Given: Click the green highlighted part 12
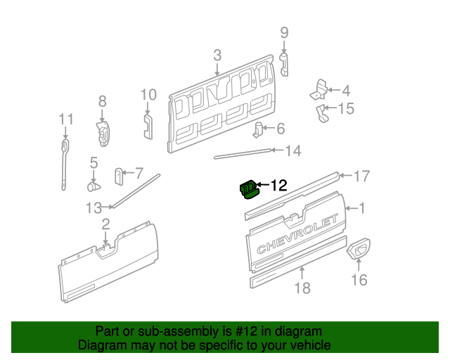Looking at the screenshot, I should click(249, 189).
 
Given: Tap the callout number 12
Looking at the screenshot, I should click(278, 186).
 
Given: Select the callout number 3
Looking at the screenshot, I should click(217, 56).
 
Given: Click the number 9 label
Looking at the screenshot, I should click(285, 32).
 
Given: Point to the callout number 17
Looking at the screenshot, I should click(361, 176).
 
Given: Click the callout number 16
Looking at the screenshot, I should click(359, 281).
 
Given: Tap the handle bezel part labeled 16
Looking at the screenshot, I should click(359, 249).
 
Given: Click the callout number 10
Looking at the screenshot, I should click(148, 95).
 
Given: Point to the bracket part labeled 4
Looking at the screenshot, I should click(320, 90).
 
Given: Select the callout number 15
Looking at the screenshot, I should click(346, 108).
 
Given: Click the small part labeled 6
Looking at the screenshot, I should click(258, 129).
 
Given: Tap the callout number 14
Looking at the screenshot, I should click(292, 150).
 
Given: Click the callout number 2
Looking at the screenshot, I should click(105, 224).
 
